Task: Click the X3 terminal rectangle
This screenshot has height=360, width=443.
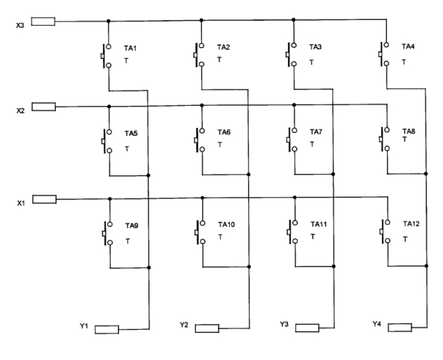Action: point(43,21)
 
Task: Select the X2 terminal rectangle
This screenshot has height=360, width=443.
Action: point(44,107)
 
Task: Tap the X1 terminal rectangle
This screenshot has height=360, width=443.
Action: point(44,199)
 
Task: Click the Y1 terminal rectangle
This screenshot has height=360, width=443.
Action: point(107,330)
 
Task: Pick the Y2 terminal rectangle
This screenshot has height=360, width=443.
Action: point(207,328)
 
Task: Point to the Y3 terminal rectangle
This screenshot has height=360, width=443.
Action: point(307,327)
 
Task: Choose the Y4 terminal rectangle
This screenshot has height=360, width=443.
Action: point(400,327)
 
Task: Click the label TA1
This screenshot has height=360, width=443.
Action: point(130,48)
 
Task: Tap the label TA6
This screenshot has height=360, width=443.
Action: point(224,132)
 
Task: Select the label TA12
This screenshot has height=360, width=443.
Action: point(411,224)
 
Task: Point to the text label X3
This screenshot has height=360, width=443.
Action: point(20,25)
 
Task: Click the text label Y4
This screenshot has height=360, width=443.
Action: point(377,324)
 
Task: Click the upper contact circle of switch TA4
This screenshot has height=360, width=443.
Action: point(386,44)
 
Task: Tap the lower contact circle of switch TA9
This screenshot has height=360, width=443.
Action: point(110,242)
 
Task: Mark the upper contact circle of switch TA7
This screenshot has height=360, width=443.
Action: point(294,130)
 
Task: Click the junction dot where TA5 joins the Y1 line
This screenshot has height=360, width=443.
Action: point(148,175)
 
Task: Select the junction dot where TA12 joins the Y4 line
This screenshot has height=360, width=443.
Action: point(426,266)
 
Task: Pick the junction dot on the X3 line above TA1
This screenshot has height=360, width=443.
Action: point(109,21)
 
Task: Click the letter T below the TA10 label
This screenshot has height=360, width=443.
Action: point(220,237)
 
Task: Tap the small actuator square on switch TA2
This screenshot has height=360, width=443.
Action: point(195,55)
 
